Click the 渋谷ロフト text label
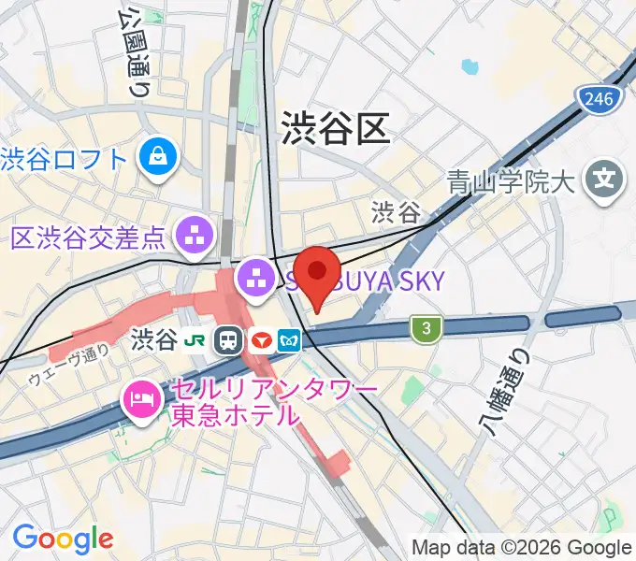tap(64, 159)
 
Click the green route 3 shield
tap(426, 328)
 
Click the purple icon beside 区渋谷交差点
tap(197, 233)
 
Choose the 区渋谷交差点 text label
tap(87, 237)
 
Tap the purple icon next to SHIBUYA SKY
tap(253, 277)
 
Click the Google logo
tap(63, 539)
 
